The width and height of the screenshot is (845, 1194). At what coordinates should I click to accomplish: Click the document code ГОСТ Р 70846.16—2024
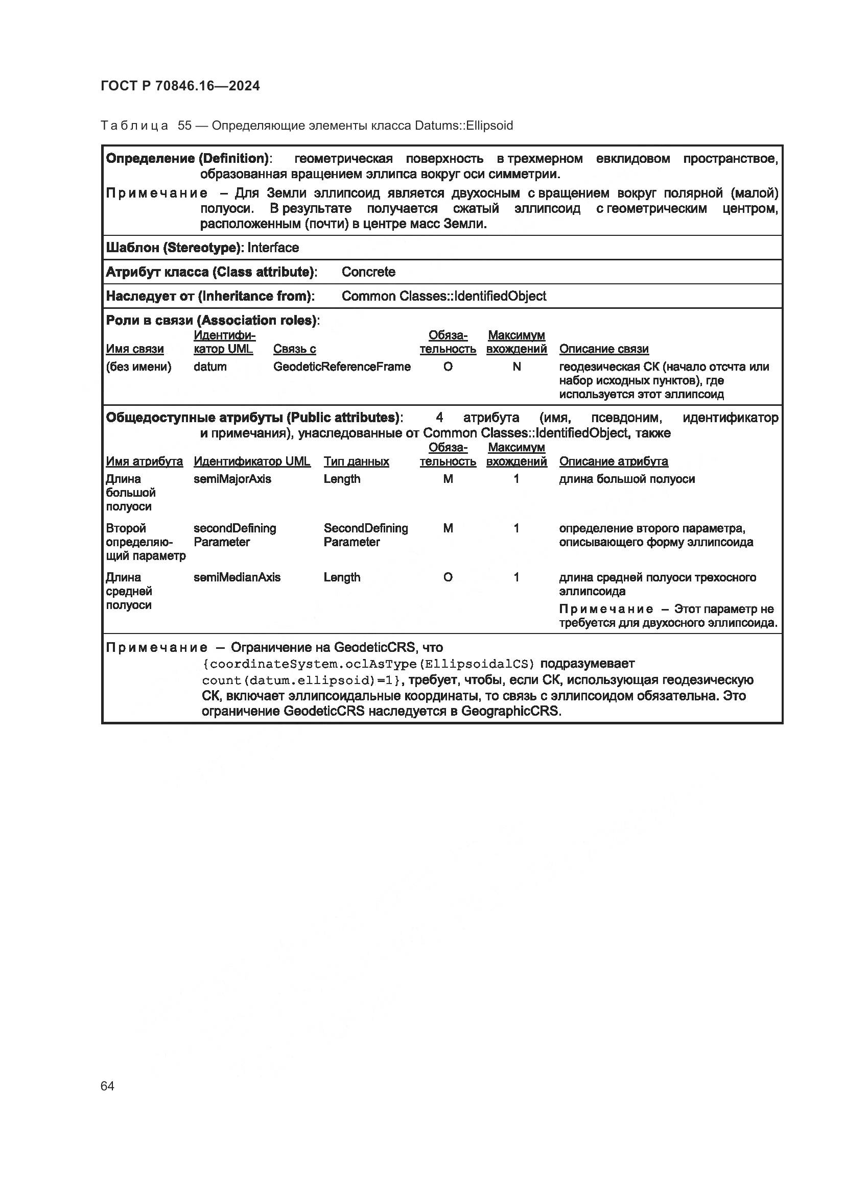180,86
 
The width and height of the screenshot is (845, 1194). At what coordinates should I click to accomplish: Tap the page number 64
107,1086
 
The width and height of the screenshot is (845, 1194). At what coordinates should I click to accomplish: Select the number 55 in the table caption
184,126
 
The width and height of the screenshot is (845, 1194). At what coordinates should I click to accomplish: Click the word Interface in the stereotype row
273,248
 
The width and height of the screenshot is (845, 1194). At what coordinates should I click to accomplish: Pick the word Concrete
368,272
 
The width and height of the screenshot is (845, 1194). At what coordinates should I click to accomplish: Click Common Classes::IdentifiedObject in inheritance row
443,296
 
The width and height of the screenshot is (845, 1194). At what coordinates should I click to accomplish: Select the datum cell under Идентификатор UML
209,367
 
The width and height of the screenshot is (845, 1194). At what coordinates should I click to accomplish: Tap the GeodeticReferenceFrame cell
341,367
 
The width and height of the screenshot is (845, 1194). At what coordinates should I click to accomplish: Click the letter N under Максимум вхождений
516,367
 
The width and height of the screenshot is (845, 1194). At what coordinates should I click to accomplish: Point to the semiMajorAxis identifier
232,479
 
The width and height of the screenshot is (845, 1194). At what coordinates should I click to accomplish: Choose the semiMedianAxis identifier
237,577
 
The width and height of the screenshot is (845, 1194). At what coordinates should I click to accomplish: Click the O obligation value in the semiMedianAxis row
448,577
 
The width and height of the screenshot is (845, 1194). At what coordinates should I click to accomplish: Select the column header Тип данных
356,461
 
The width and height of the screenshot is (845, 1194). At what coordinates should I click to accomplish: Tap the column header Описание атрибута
613,461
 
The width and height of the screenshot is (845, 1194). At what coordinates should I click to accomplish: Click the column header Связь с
294,349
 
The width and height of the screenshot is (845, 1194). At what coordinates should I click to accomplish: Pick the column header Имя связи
134,349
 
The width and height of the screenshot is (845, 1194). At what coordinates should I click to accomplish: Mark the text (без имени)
138,367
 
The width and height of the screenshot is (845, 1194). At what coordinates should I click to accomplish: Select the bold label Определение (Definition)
187,159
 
